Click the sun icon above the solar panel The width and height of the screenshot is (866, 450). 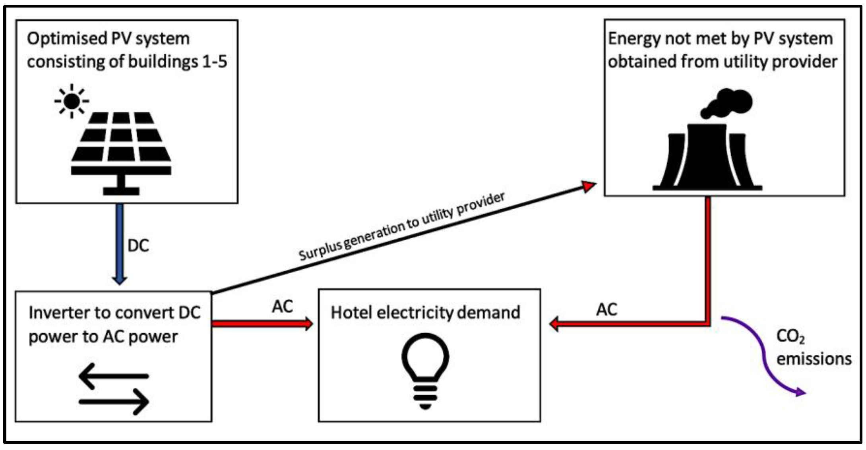[x=72, y=101]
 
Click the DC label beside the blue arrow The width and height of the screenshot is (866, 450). [x=138, y=245]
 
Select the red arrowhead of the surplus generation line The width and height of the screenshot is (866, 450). [x=589, y=186]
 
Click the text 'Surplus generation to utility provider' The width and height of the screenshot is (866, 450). [x=401, y=227]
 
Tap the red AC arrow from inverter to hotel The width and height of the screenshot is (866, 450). [x=262, y=324]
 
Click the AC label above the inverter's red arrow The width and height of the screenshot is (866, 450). [x=283, y=307]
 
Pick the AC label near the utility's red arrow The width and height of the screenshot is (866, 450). [x=606, y=309]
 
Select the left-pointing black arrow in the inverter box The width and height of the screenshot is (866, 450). [x=114, y=376]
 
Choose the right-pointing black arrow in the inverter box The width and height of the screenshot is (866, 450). [x=114, y=402]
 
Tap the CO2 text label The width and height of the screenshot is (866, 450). [x=790, y=337]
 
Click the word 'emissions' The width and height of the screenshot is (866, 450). [x=814, y=359]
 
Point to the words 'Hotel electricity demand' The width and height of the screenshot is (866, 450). [x=425, y=313]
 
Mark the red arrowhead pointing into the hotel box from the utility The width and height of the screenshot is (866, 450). [x=555, y=324]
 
